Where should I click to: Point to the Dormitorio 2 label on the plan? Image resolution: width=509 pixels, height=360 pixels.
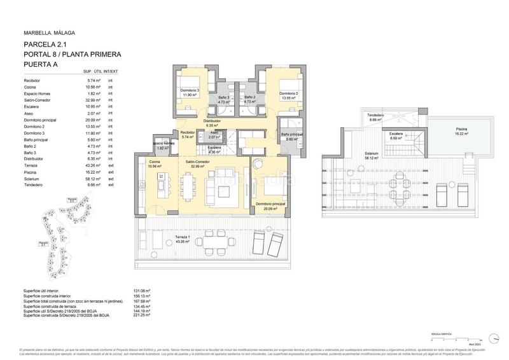288,93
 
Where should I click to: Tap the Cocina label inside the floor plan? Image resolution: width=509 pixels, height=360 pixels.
155,162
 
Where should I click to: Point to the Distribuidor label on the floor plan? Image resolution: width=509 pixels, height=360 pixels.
212,121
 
